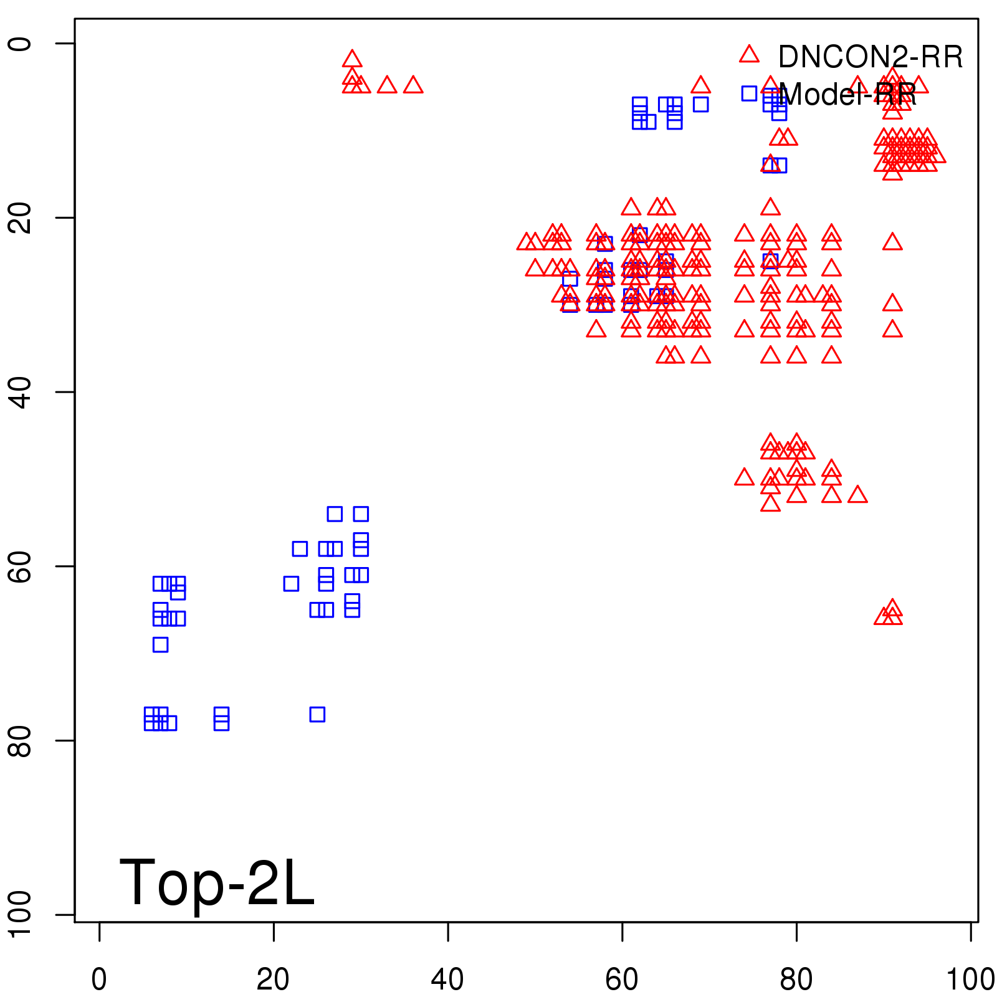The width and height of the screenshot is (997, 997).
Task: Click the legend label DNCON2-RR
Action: click(870, 57)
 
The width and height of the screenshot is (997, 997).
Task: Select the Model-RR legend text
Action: click(847, 95)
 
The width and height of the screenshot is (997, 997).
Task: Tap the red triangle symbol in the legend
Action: click(749, 55)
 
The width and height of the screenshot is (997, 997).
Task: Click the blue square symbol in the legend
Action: click(749, 93)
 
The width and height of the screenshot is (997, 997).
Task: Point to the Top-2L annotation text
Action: click(216, 882)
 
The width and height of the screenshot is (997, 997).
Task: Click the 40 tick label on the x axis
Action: click(447, 979)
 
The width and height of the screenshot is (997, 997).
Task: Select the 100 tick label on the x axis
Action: click(970, 979)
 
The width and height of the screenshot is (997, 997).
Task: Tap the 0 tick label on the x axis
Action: click(99, 979)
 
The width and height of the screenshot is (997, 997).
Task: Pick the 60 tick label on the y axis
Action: click(21, 566)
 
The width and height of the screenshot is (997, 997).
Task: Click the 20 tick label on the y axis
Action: click(21, 217)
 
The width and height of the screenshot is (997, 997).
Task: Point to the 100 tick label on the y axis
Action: click(21, 914)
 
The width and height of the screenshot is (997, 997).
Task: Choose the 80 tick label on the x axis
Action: click(796, 979)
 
